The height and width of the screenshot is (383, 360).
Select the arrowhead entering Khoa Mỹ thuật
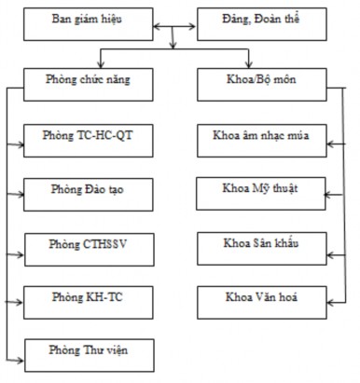coord(325,195)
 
